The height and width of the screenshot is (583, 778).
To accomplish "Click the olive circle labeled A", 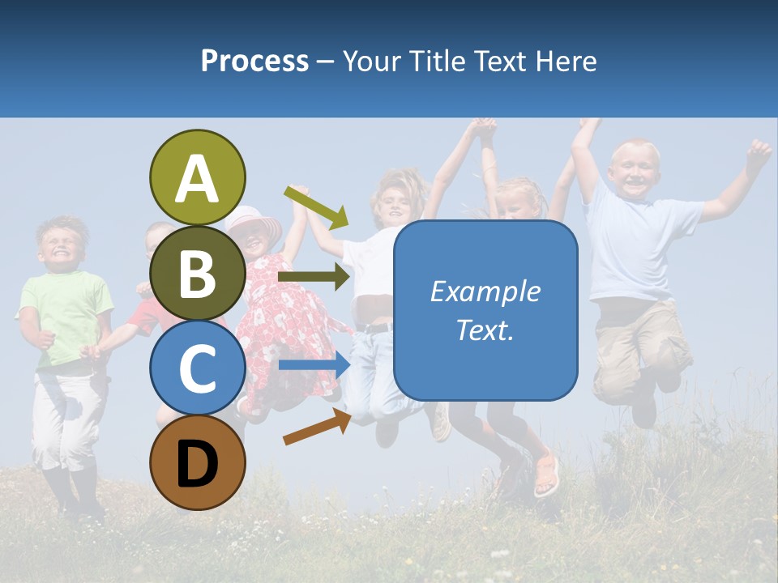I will [x=197, y=177].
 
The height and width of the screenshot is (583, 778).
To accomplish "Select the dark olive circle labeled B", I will [x=197, y=273].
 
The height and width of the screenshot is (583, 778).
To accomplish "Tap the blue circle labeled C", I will [x=197, y=368].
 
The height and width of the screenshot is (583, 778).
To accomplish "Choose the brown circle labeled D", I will [x=197, y=462].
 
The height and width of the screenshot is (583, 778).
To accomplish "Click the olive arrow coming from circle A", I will [x=316, y=207].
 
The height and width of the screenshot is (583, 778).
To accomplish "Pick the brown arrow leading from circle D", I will [x=317, y=427].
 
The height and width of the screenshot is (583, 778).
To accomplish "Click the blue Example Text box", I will [x=485, y=310].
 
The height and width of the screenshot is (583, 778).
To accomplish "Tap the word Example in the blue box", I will [x=485, y=291].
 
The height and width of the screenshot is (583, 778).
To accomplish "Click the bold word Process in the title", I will [x=254, y=61].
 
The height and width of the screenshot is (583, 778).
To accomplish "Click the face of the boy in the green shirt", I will [x=62, y=243].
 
